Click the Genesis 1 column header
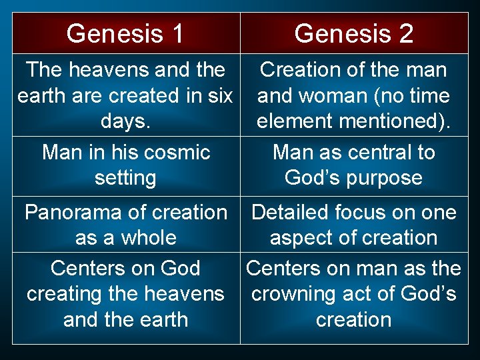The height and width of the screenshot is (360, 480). [125, 33]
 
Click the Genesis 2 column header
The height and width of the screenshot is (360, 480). [353, 33]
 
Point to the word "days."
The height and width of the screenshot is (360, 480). [126, 121]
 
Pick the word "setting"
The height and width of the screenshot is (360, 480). [125, 178]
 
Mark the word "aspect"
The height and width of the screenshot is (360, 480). [306, 238]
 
